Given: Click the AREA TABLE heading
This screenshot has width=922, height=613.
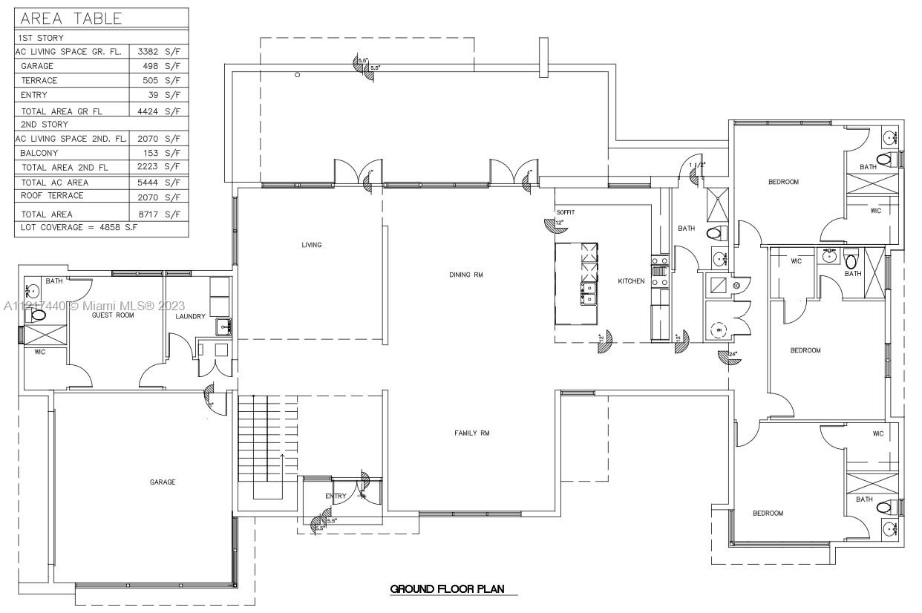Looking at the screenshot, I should pos(71,19).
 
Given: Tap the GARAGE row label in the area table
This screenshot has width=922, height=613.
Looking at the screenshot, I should pos(37,66).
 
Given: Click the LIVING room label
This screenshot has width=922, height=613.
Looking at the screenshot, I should pos(311,245).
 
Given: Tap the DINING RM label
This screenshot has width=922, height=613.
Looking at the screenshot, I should pos(466,275).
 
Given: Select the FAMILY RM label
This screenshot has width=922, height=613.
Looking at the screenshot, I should pos(472,433).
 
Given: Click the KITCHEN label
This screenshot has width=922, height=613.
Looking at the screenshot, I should pos(632,281).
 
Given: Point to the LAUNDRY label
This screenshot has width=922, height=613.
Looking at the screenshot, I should pos(190,317).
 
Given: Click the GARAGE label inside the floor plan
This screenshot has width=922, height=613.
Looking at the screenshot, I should pos(163,482).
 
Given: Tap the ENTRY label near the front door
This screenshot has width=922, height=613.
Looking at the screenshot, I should pos(336,496).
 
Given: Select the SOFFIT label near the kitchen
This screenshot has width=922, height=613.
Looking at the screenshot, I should pos(566,212).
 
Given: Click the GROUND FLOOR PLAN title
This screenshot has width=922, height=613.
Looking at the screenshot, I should pos(448,589).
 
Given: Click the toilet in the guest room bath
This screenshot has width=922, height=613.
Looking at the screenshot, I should pos(37,315).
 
